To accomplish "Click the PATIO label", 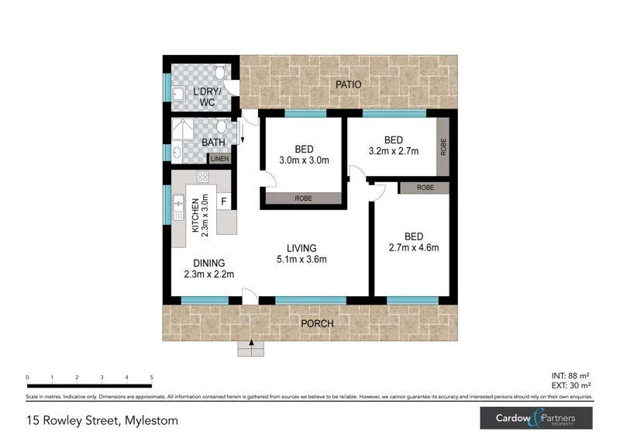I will coord(348,84).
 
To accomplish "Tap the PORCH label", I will coord(317,323).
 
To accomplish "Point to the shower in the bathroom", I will coord(184,129).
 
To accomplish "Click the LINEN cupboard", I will coord(219,158).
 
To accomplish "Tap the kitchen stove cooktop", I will coord(203,178).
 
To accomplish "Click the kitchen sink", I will coord(177,206).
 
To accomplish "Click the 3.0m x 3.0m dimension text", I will coord(304,161).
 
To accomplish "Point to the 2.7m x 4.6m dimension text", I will coord(414,248).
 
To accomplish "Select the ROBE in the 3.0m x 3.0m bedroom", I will coord(303,198).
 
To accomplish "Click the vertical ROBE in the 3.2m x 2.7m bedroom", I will coord(443,147).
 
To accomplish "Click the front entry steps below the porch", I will coord(251,349).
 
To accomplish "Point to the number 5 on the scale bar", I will coord(151,378).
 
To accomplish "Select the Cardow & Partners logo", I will coord(536,419).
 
